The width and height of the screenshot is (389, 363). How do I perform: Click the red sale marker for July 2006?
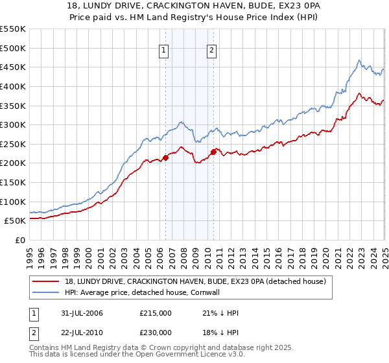tap(165, 157)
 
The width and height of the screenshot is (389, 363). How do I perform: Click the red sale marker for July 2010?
tap(213, 152)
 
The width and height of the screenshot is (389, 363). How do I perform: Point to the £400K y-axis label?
tap(13, 86)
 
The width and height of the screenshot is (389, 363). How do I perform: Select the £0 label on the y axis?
tap(19, 240)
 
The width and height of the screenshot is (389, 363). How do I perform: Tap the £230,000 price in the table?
tap(156, 333)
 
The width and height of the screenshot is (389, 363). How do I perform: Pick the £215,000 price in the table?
tap(156, 313)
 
